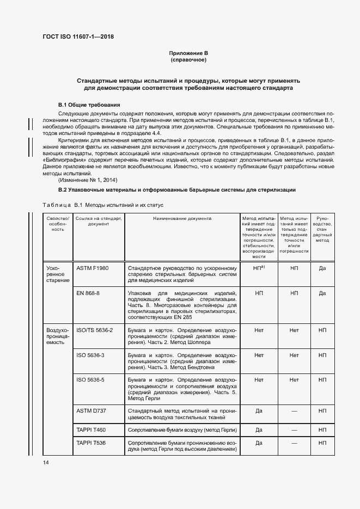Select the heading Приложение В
pos(188,53)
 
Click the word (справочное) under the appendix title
pos(188,60)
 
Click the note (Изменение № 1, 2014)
pos(88,180)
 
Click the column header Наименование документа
pos(182,218)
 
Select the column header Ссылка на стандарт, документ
pos(99,220)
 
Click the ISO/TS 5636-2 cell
pos(94,330)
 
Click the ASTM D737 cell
pos(91,410)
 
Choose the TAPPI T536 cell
pos(91,443)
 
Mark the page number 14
pos(45,463)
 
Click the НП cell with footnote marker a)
pos(259,268)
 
